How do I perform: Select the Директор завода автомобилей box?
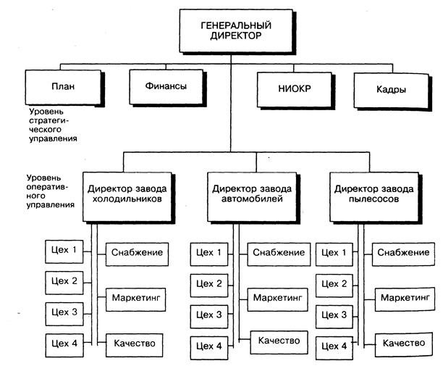coord(253,194)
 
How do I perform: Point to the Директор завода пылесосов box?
coord(374,194)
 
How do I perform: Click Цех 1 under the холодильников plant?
coord(64,251)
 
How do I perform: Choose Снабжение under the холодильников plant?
coord(137,253)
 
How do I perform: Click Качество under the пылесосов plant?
coord(404,343)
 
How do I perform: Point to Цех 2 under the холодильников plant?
coord(64,281)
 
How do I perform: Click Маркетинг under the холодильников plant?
coord(136,296)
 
